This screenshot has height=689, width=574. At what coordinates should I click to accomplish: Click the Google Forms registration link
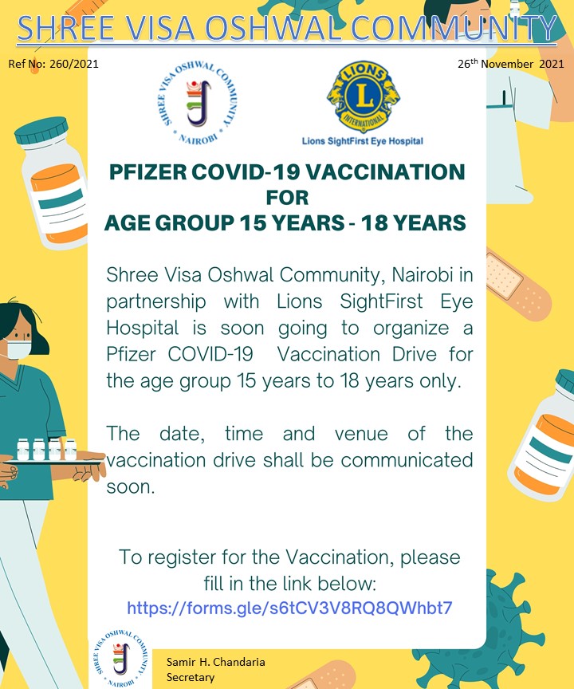tap(289, 608)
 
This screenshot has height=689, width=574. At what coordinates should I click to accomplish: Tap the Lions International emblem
tap(364, 96)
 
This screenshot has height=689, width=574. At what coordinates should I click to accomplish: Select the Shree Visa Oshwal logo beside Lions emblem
tap(198, 102)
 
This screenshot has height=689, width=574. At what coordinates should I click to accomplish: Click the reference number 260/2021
tap(74, 64)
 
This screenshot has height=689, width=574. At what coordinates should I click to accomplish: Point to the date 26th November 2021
tap(511, 64)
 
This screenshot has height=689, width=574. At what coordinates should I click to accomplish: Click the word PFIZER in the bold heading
tap(148, 171)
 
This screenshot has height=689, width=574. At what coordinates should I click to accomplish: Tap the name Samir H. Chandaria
tap(215, 662)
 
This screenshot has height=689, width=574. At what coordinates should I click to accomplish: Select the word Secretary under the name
tap(191, 677)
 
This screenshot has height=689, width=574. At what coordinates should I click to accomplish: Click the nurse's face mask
tap(18, 349)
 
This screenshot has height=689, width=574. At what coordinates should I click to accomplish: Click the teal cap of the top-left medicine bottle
tap(41, 131)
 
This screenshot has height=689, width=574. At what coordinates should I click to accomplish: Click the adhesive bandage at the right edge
tap(518, 283)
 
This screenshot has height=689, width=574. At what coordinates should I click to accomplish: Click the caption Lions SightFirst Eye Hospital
tap(362, 141)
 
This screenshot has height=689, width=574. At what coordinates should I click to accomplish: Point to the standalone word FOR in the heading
tap(287, 197)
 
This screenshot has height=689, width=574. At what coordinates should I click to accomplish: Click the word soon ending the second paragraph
tap(131, 487)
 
